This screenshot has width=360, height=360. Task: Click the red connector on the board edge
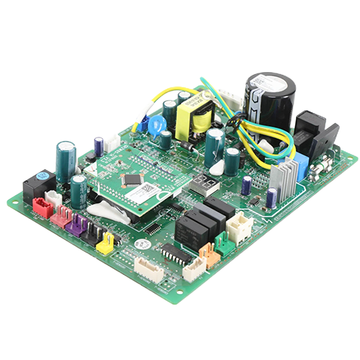coord(42,208)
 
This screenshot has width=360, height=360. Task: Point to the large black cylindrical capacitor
coord(270,100)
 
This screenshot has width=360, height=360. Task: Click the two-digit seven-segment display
coord(207,186)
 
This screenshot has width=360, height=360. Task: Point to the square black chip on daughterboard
coord(132,179)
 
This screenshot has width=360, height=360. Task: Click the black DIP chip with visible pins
coord(175,253)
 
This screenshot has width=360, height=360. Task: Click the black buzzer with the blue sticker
coord(37,185)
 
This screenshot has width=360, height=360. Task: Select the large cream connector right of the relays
coord(238,227)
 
